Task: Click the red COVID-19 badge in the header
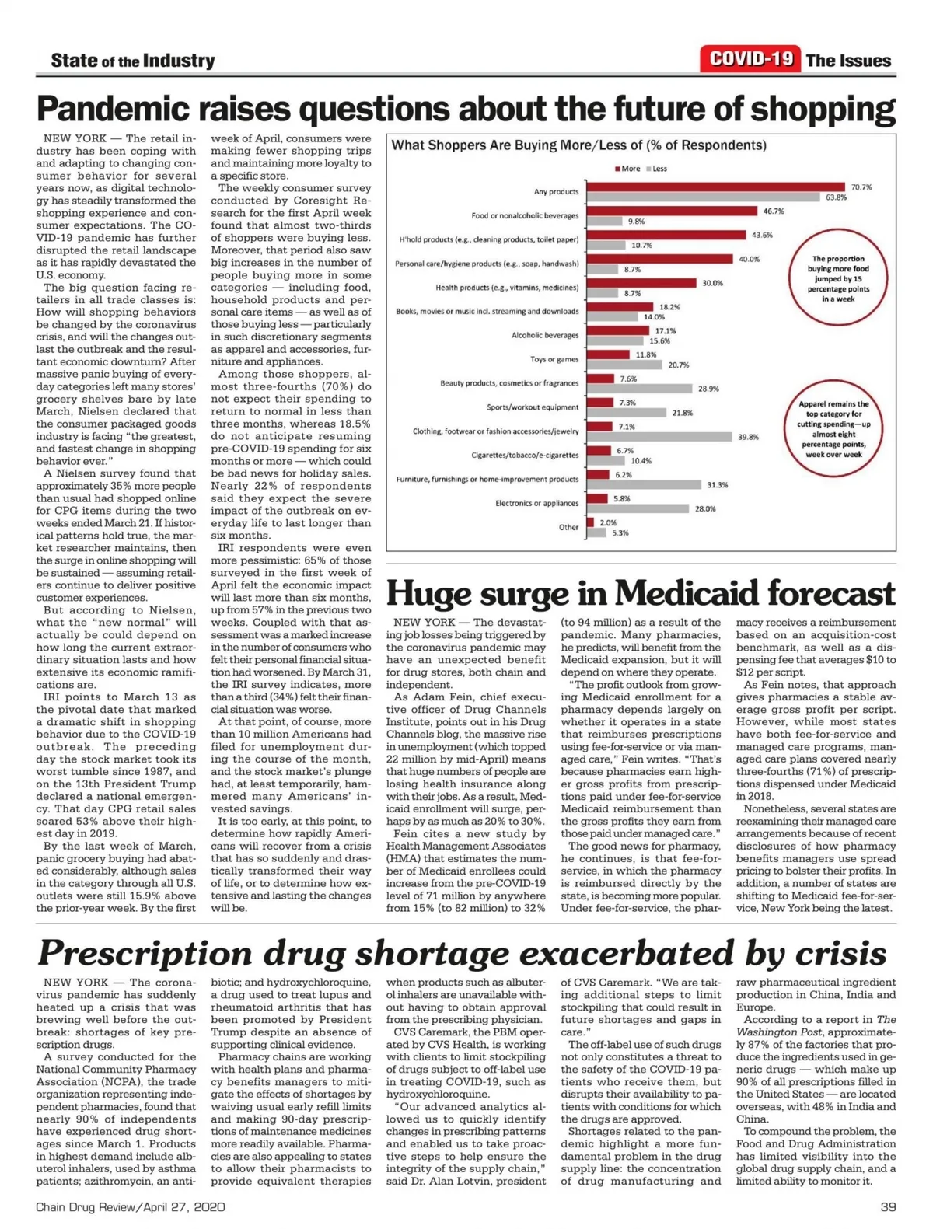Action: point(750,59)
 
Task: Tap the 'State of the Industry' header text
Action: point(132,61)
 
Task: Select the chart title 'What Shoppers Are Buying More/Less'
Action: point(578,145)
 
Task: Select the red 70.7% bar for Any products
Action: point(715,187)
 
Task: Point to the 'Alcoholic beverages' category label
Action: point(545,335)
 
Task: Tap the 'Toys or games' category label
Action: point(554,359)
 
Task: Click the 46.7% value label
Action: point(774,211)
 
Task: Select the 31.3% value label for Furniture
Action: point(717,485)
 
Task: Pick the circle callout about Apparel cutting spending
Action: point(834,428)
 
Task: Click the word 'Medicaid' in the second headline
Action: point(685,594)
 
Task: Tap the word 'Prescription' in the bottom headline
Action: point(145,953)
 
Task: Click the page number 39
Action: point(888,1206)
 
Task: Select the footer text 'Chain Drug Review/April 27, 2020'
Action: point(131,1206)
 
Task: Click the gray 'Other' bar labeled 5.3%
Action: point(596,533)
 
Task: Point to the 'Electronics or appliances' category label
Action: point(537,503)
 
